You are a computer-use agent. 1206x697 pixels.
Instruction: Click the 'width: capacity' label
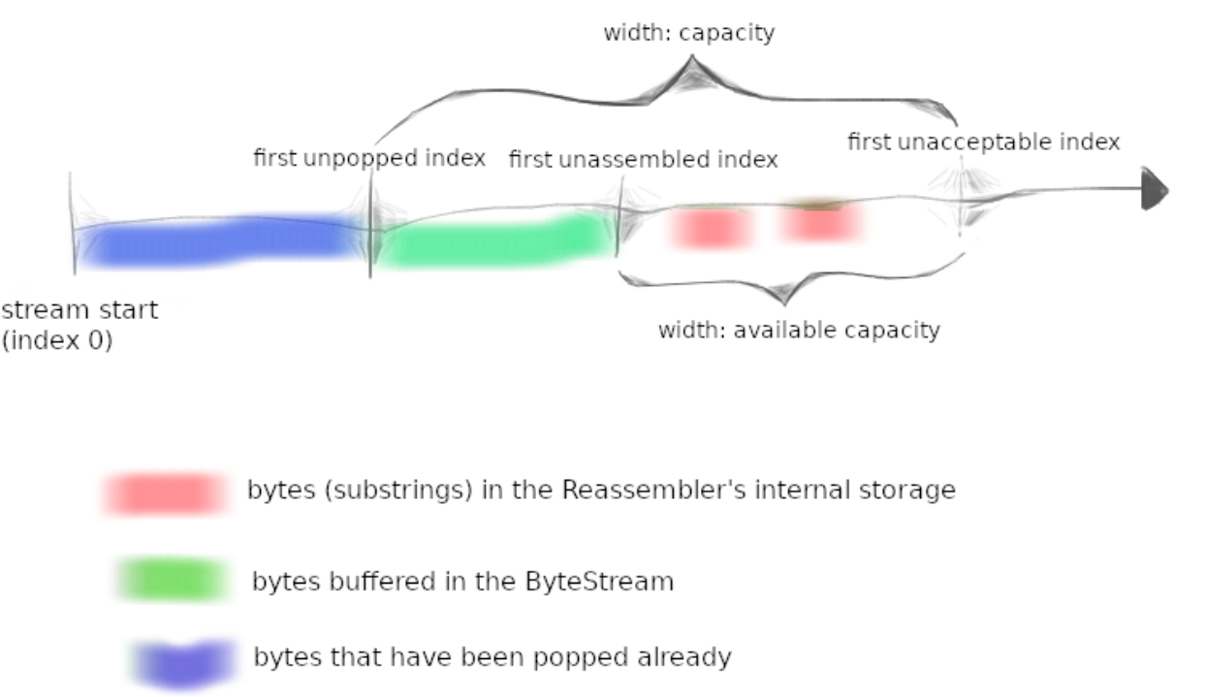tap(689, 33)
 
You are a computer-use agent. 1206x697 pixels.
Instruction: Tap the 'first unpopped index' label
tap(370, 159)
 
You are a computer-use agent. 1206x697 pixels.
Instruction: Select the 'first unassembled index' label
tap(644, 159)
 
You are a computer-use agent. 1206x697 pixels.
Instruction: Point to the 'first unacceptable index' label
tap(984, 143)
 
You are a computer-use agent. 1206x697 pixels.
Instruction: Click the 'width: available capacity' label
tap(799, 330)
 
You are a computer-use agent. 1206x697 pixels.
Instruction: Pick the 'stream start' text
tap(79, 310)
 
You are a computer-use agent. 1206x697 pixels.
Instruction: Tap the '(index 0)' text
tap(57, 340)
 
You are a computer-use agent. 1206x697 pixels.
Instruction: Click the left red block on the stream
tap(711, 228)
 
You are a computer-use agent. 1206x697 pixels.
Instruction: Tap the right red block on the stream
tap(821, 221)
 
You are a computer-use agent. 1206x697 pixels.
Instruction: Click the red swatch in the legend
tap(165, 493)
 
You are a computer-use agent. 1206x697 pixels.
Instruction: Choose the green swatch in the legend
tap(173, 580)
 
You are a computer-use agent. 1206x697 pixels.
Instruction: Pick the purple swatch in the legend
tap(183, 663)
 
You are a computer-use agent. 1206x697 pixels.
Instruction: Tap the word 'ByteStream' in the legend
tap(599, 582)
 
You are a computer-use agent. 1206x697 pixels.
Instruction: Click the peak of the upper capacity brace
tap(692, 55)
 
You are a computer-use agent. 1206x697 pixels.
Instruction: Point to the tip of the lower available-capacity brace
tap(784, 304)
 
